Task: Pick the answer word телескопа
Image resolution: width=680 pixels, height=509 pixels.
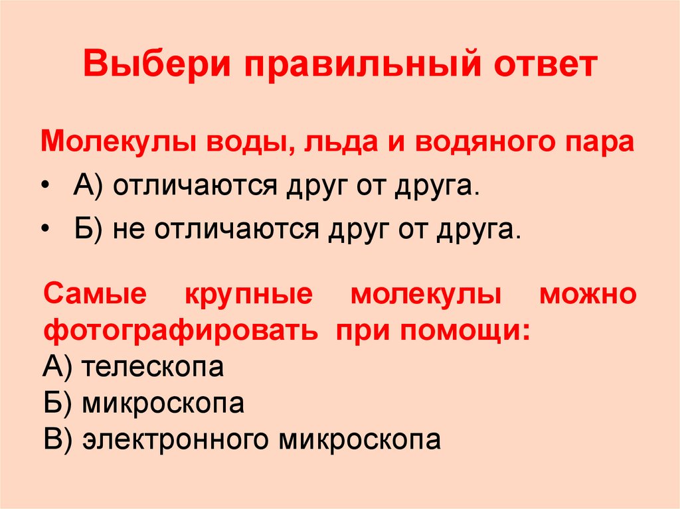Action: [x=153, y=368]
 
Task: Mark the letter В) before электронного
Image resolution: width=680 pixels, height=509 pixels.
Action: [x=56, y=439]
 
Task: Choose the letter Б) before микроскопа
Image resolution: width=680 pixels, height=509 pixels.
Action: [x=56, y=403]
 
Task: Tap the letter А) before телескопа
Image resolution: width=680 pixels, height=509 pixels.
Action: [x=56, y=368]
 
